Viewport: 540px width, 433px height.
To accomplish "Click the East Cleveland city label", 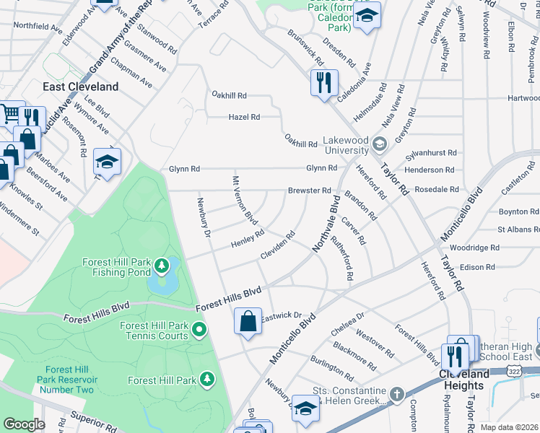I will point(80,87).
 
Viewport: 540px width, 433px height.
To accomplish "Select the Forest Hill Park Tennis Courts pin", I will point(200,331).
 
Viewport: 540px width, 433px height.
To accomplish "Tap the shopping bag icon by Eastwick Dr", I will point(248,322).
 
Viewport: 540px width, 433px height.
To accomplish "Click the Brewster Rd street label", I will point(310,191).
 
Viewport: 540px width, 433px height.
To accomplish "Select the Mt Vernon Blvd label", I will point(245,198).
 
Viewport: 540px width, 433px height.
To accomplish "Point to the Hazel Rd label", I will point(244,116).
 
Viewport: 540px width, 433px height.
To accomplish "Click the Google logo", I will point(25,424).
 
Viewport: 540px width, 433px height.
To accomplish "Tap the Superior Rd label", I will point(94,421).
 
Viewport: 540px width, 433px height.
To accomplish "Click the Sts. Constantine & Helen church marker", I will point(396,394).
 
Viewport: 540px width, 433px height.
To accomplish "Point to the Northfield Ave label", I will point(37,27).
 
